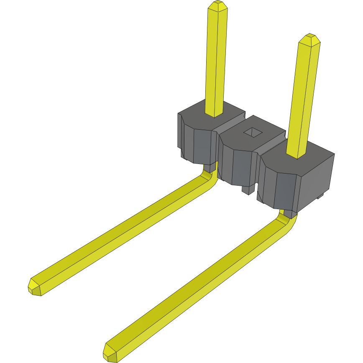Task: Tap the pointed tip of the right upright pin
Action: click(x=310, y=38)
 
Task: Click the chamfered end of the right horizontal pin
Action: click(x=110, y=353)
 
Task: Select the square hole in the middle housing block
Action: click(x=253, y=132)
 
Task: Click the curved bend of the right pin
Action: click(x=289, y=222)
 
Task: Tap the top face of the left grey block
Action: click(x=197, y=119)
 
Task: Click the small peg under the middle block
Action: click(x=248, y=190)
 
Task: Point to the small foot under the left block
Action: click(x=184, y=154)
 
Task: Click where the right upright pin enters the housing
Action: click(x=296, y=155)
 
